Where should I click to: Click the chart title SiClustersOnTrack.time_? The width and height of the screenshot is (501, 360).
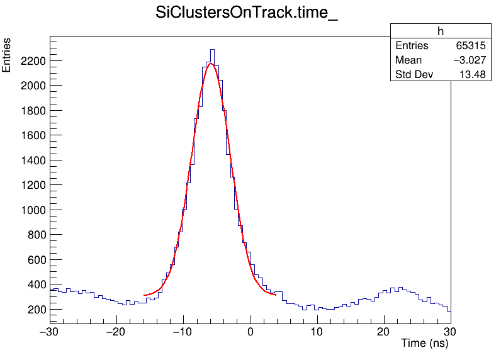point(247,14)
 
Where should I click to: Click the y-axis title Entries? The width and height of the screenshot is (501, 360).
point(7,55)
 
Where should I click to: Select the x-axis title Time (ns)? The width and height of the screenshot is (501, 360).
point(424,344)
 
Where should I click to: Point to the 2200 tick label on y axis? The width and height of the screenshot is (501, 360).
point(32,61)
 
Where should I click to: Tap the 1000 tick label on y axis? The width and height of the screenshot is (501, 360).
point(32,210)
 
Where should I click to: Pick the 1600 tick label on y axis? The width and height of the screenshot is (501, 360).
point(32,135)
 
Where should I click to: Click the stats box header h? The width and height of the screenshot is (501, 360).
point(440,31)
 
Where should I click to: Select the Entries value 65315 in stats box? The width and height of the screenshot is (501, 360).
point(470,46)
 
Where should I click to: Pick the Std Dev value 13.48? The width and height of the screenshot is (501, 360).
point(472,75)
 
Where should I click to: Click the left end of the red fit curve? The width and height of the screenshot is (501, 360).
point(145,295)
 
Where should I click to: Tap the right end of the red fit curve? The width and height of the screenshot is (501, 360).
point(276,294)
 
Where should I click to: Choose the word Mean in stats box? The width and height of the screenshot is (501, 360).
point(408,60)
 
